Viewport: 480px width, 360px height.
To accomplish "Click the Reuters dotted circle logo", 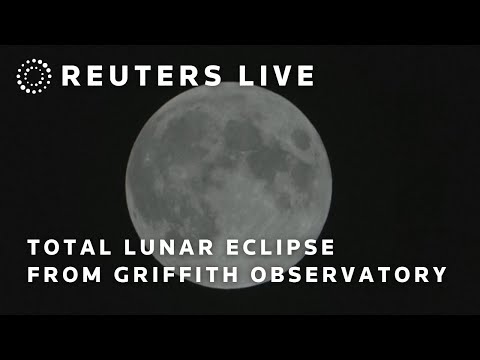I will tap(34, 76).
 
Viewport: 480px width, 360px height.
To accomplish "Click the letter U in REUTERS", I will tap(127, 76).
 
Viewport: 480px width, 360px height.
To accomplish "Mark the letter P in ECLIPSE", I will tap(302, 246).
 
